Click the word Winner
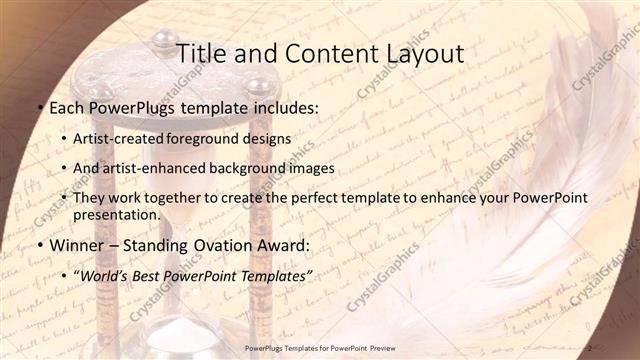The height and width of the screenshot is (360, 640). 74,245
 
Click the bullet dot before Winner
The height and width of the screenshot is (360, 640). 39,245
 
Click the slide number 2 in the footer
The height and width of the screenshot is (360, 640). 590,348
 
